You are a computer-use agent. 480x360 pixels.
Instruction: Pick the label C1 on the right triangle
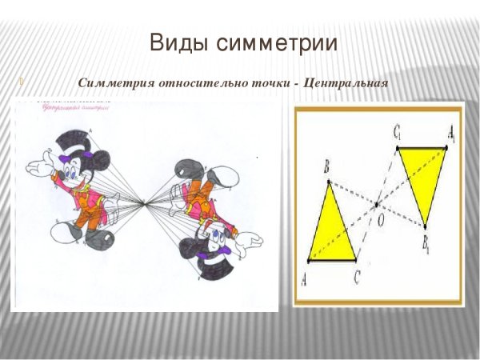(397, 133)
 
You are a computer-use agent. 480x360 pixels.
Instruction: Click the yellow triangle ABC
(332, 232)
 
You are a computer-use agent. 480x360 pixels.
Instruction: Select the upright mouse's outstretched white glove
(40, 167)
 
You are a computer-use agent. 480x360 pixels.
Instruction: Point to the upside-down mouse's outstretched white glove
(248, 241)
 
